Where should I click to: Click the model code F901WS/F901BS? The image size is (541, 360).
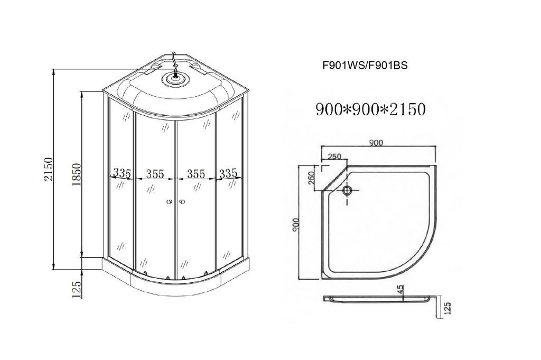pyautogui.click(x=365, y=65)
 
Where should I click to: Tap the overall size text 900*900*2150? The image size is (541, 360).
pyautogui.click(x=370, y=109)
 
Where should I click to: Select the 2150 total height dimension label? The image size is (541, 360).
pyautogui.click(x=48, y=169)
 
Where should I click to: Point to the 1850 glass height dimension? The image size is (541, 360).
pyautogui.click(x=76, y=174)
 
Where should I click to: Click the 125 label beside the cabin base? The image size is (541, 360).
pyautogui.click(x=77, y=290)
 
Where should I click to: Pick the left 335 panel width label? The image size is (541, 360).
pyautogui.click(x=122, y=173)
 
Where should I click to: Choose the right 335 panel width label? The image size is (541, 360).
pyautogui.click(x=228, y=173)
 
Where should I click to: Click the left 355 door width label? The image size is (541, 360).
pyautogui.click(x=155, y=173)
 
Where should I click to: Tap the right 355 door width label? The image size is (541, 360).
pyautogui.click(x=196, y=173)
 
